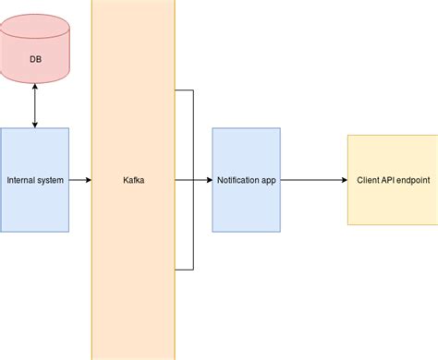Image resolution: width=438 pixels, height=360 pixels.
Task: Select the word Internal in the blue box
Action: (22, 181)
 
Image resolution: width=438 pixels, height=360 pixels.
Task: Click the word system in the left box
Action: (52, 181)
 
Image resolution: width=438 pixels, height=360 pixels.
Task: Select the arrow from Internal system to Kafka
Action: (79, 180)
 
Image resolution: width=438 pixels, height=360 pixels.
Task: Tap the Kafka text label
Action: (133, 181)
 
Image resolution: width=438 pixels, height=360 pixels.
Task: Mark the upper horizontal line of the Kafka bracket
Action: (184, 90)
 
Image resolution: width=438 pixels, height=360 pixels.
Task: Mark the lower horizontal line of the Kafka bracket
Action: (184, 270)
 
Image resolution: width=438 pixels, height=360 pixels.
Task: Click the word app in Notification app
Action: (269, 181)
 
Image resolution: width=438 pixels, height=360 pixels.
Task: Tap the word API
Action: (389, 181)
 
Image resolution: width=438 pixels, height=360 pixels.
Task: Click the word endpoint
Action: (414, 181)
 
